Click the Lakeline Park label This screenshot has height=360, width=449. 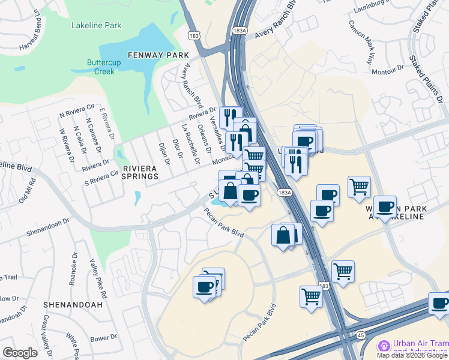point(96,25)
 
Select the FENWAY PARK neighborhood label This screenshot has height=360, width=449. point(154,55)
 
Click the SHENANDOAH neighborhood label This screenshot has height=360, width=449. point(73,304)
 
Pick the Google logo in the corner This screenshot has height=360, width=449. point(20,353)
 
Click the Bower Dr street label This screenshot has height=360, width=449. point(105,338)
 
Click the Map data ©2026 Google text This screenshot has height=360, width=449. point(412,355)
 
